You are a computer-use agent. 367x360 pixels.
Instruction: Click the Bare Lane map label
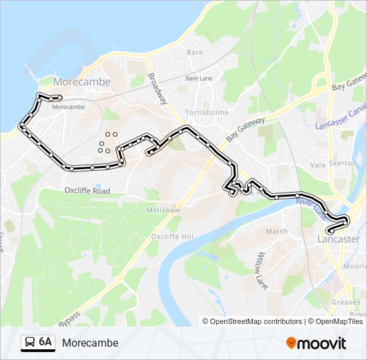tap(198, 78)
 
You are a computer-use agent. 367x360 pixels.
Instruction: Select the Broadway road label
tap(157, 87)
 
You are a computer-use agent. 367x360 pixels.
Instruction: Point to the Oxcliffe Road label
tap(87, 191)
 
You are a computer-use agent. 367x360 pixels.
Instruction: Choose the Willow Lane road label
tap(262, 271)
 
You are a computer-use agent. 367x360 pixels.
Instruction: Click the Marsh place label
tap(276, 231)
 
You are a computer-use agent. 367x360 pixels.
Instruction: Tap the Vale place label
tap(317, 164)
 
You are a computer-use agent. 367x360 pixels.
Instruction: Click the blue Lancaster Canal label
tap(341, 117)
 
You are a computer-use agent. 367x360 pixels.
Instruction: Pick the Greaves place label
tap(346, 302)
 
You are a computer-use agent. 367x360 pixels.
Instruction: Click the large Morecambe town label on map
tap(81, 81)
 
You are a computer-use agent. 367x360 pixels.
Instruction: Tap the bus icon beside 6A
tap(30, 343)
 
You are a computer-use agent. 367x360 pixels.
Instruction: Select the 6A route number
tap(45, 343)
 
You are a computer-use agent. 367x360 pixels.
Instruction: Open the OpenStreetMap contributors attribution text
tap(256, 321)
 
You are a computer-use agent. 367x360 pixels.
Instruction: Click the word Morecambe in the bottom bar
tap(90, 343)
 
